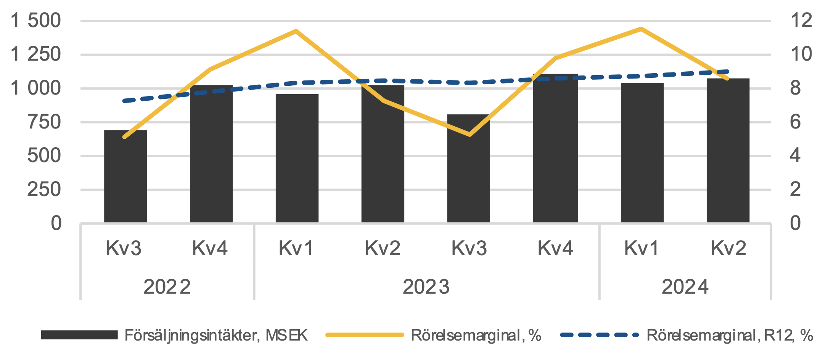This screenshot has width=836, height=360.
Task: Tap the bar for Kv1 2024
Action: (x=642, y=153)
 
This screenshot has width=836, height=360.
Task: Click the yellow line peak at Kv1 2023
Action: (x=296, y=31)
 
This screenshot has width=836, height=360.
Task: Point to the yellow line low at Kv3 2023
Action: (x=469, y=135)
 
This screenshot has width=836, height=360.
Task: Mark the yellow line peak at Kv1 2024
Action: (x=641, y=29)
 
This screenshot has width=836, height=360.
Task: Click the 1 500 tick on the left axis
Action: (x=36, y=21)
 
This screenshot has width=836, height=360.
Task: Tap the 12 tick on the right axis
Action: (x=801, y=21)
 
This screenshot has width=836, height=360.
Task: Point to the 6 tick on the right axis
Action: (x=796, y=122)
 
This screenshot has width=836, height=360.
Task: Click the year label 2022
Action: (x=167, y=287)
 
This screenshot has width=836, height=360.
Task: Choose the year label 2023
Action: (x=426, y=287)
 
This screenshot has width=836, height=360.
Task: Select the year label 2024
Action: (x=685, y=287)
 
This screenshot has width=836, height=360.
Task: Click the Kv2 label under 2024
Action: (x=728, y=248)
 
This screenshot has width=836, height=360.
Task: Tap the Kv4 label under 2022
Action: (x=210, y=248)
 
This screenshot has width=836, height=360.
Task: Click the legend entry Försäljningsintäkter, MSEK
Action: (x=216, y=335)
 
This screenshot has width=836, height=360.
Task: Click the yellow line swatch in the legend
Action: (x=365, y=335)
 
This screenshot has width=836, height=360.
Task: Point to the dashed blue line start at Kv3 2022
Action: (x=124, y=101)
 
